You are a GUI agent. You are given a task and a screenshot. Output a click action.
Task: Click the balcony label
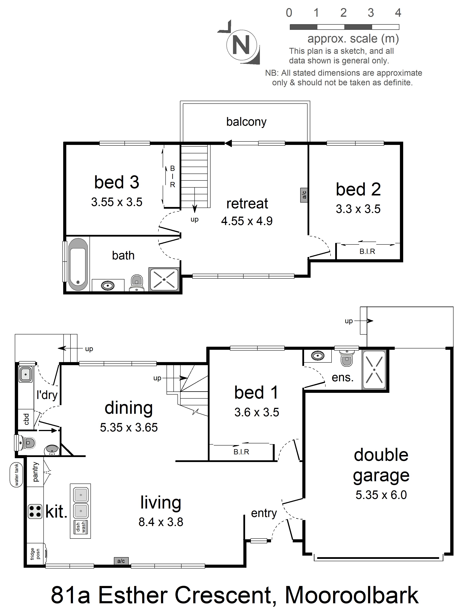click(246, 122)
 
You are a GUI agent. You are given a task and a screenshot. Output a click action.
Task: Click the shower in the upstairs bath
click(164, 279)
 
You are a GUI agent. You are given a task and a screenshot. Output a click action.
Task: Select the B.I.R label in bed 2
click(367, 251)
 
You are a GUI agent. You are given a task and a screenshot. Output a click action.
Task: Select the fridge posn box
click(36, 554)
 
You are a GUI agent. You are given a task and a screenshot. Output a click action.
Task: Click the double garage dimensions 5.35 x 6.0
click(381, 495)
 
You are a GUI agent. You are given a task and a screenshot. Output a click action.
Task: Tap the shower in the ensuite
click(374, 370)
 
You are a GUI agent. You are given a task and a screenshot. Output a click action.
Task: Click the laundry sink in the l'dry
click(26, 374)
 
